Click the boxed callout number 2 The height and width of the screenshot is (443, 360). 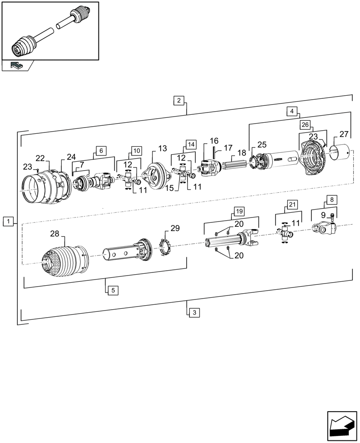point(179,100)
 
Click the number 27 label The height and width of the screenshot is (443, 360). point(344,134)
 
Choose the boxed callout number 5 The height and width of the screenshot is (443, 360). point(113,291)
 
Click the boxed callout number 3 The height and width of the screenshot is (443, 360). point(194,312)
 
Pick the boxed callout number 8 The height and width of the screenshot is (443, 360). point(332,200)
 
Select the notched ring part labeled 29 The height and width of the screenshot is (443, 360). point(165,247)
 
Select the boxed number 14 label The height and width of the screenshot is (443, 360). point(191,144)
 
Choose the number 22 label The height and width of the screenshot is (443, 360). point(40,158)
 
